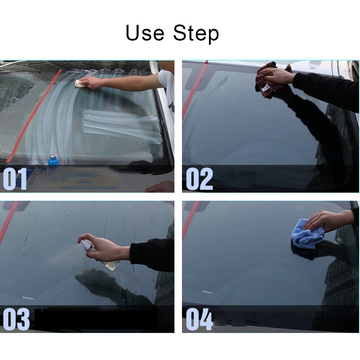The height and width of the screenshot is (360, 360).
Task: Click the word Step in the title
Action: [x=196, y=33]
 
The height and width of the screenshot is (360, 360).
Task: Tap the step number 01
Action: [x=15, y=179]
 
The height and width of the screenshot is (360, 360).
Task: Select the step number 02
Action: [x=199, y=179]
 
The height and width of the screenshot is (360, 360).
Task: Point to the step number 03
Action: [x=16, y=319]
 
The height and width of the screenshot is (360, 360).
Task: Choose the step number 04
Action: [x=199, y=319]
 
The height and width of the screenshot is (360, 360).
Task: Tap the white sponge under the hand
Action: [x=79, y=83]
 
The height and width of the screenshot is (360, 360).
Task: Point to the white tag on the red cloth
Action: [x=266, y=88]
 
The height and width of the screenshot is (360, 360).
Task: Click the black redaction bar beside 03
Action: [x=96, y=319]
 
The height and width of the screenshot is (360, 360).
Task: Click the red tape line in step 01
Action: [x=34, y=116]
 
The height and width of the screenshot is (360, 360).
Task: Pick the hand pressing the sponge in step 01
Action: [x=92, y=82]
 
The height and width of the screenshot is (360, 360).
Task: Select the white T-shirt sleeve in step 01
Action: [x=166, y=79]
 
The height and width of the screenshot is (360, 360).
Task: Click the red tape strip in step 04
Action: [x=190, y=220]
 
